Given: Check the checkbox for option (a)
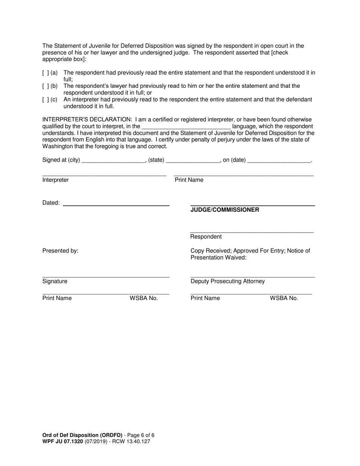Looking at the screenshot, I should [x=45, y=72].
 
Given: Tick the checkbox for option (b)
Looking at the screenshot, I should [x=45, y=86].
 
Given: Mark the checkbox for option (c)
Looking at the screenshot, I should [x=45, y=100].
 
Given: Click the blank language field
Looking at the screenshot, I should [x=186, y=127].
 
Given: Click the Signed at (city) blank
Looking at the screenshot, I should [x=113, y=160].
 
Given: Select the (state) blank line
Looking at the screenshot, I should [x=193, y=160].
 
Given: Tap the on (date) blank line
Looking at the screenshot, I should [x=279, y=160].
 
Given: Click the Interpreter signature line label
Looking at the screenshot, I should [x=56, y=180].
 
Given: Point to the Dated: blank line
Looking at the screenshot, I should [x=116, y=203].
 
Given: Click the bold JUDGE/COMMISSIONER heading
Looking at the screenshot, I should [x=225, y=210].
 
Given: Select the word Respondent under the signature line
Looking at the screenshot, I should [x=206, y=237].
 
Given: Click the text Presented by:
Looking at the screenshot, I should [x=60, y=251].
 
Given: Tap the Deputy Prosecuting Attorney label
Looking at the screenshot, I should [x=227, y=281].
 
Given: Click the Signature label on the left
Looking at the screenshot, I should [x=55, y=281].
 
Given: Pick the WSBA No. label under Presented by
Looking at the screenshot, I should [x=144, y=298].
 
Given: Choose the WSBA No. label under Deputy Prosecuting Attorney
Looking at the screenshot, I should [x=284, y=298].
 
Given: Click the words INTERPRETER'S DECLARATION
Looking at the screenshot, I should [x=87, y=120].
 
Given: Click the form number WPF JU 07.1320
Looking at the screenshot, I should [x=63, y=441].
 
